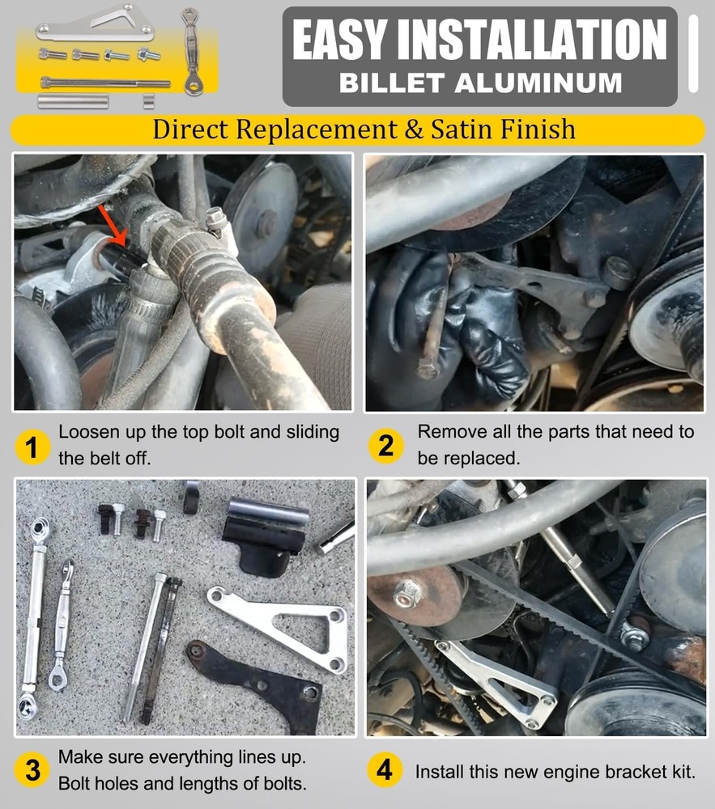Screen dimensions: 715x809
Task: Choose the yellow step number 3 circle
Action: (x=32, y=771)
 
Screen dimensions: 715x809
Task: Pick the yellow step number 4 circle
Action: (x=384, y=770)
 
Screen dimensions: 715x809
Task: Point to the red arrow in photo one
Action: (x=112, y=225)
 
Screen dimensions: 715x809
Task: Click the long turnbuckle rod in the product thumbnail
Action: (x=192, y=52)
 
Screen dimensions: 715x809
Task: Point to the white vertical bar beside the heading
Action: (x=693, y=53)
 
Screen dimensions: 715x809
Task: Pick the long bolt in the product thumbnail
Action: (x=105, y=82)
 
